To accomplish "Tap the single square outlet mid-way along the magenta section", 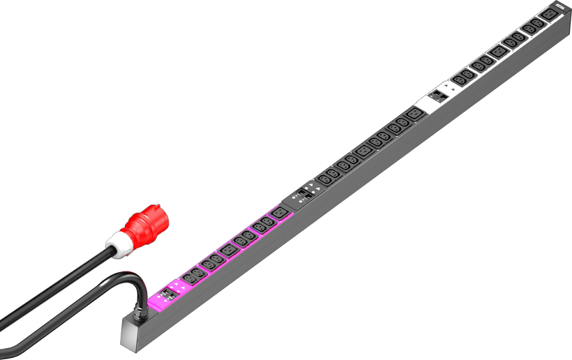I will coord(229,248).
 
